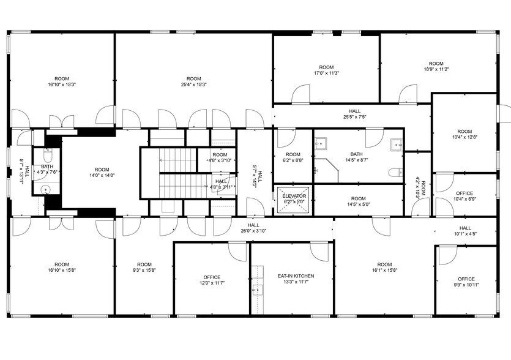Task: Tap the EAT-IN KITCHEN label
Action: pyautogui.click(x=296, y=276)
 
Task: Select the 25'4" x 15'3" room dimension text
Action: pyautogui.click(x=193, y=84)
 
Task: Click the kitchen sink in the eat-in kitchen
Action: pyautogui.click(x=258, y=288)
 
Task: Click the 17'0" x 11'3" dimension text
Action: pyautogui.click(x=326, y=73)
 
